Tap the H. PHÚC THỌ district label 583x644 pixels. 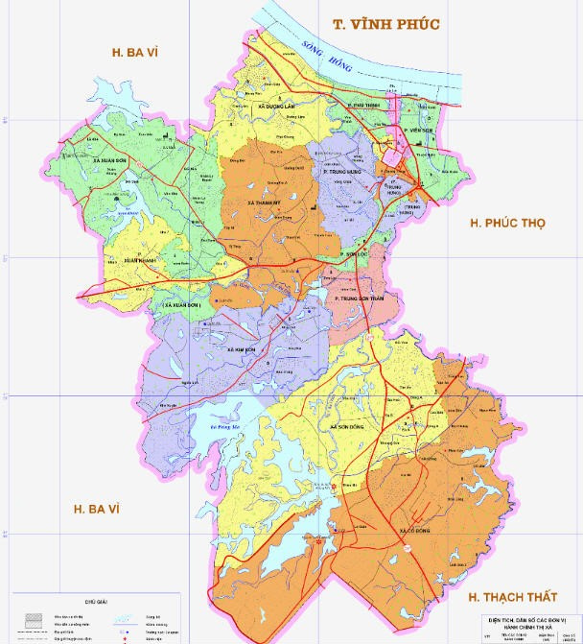(x=506, y=223)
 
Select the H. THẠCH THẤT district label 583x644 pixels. (x=512, y=597)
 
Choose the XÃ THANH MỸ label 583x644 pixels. (x=262, y=203)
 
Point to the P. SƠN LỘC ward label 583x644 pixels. (x=355, y=254)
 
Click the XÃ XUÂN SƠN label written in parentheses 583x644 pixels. (x=183, y=305)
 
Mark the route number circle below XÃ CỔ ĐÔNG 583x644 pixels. (x=408, y=546)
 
